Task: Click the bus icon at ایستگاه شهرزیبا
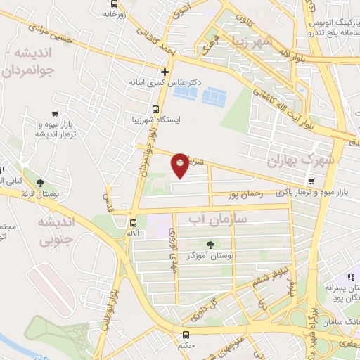pyautogui.click(x=155, y=109)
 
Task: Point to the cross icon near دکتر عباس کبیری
pyautogui.click(x=165, y=72)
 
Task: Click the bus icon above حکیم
pyautogui.click(x=186, y=335)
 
